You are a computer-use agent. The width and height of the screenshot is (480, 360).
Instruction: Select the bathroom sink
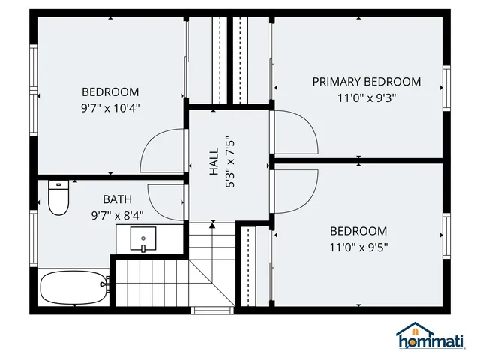(142, 239)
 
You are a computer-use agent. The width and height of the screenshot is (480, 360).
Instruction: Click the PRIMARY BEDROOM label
(366, 82)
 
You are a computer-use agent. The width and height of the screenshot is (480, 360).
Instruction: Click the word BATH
(117, 199)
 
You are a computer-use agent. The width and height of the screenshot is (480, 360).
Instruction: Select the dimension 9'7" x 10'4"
(110, 107)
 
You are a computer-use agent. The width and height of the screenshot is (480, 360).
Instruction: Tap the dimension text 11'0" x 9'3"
(366, 97)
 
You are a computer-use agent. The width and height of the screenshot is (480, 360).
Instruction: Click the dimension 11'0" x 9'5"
(358, 246)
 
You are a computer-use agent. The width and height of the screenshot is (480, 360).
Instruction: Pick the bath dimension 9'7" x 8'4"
(117, 214)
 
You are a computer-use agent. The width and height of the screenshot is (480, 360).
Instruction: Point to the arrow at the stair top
(213, 223)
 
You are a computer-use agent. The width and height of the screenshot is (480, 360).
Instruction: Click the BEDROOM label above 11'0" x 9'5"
(358, 231)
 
